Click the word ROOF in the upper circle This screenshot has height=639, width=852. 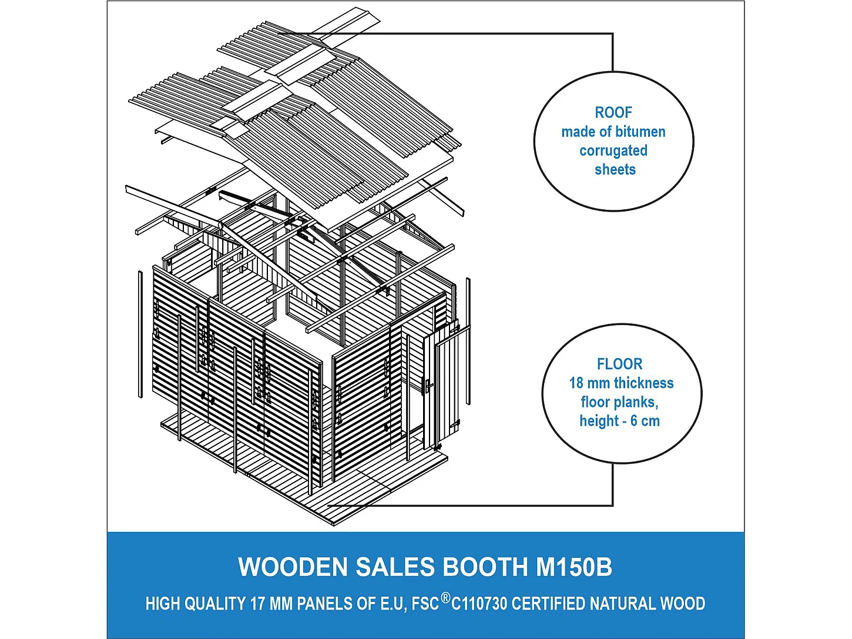613,112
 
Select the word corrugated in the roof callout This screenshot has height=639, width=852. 613,150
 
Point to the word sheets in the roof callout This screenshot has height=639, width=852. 615,169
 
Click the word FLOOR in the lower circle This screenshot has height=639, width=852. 619,364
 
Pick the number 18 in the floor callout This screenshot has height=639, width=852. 576,383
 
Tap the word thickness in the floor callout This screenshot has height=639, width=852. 644,383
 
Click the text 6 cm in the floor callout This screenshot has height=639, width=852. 645,421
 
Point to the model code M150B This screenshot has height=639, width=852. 573,567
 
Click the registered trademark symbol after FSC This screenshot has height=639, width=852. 445,598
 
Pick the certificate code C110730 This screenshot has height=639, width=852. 479,604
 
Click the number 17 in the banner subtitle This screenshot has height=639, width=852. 257,604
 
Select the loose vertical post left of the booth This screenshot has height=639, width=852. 140,334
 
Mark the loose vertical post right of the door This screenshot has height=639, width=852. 468,341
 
